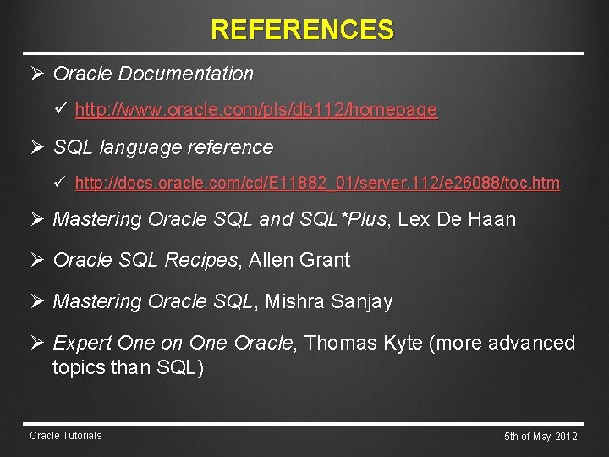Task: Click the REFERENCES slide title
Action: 302,30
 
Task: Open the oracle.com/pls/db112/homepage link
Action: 255,110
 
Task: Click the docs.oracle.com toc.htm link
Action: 317,183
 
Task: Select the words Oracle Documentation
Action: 153,74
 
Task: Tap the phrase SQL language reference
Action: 163,147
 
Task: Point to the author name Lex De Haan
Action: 457,220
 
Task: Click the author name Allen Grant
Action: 299,261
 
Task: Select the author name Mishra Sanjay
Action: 329,302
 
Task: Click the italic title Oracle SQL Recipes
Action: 145,261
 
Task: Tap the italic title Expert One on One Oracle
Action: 173,343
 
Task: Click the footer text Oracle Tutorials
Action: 65,436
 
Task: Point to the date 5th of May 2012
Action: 540,437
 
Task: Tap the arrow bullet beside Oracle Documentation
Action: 36,74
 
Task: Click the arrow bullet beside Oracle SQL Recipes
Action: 36,261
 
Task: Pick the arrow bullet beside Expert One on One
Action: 36,343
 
